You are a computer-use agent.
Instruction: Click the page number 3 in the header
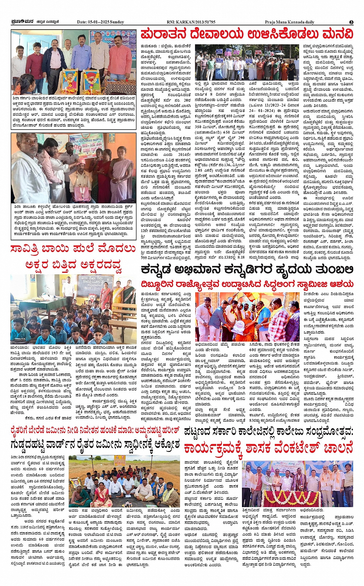point(351,22)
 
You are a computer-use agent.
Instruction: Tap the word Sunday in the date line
point(117,22)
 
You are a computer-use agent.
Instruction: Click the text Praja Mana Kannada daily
point(289,22)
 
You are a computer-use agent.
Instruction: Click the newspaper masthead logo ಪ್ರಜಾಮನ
point(22,22)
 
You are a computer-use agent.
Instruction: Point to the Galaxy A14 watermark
point(20,339)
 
